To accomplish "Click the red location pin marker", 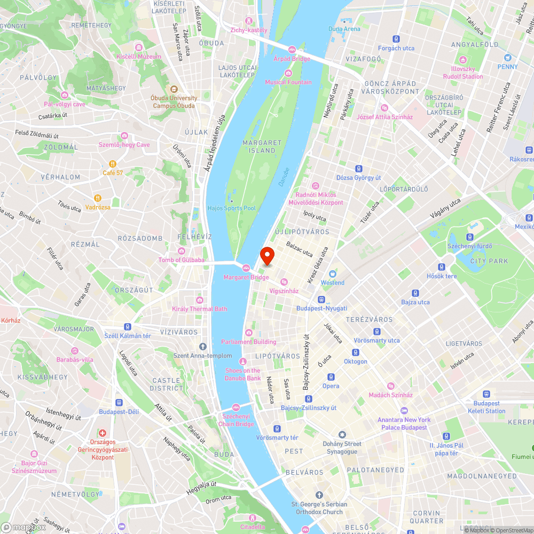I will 266,256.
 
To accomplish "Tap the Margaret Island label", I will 262,147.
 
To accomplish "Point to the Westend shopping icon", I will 332,273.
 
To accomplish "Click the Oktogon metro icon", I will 356,352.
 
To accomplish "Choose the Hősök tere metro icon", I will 442,267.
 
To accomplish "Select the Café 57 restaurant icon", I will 113,164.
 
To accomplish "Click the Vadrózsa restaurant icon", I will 97,198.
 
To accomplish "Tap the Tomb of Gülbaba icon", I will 182,251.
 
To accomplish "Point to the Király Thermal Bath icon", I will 200,300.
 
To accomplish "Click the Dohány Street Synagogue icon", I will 342,435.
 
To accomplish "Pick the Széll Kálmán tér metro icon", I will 128,327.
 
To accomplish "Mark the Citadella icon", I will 253,518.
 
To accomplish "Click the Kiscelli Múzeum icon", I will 139,47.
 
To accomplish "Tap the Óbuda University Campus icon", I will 174,89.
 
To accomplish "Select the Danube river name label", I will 284,177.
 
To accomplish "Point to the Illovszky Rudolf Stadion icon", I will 462,59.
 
